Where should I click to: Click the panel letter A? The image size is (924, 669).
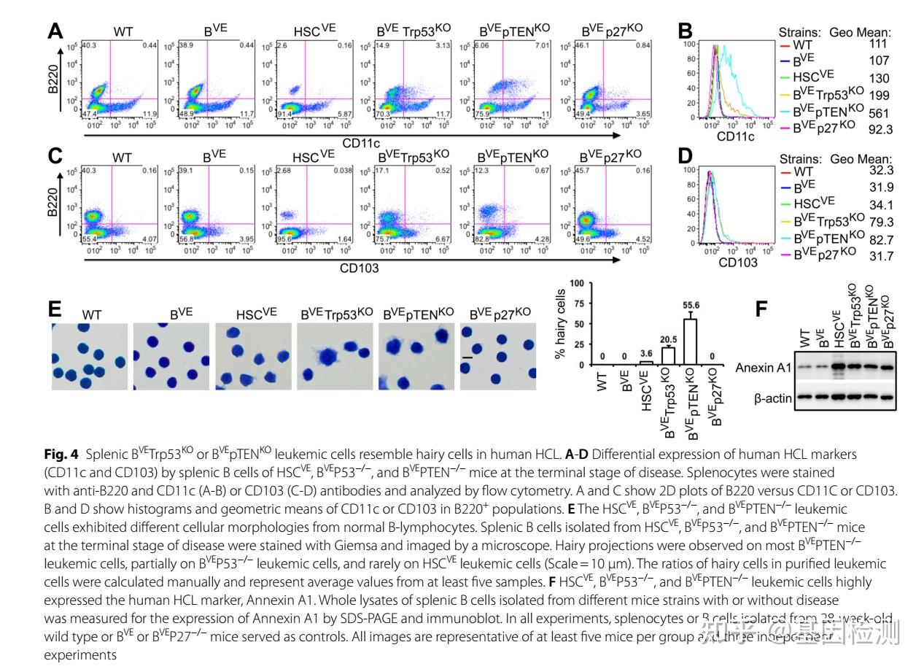pyautogui.click(x=55, y=32)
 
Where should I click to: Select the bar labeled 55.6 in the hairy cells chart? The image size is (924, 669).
pyautogui.click(x=689, y=341)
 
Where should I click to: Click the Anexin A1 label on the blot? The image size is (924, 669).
pyautogui.click(x=763, y=368)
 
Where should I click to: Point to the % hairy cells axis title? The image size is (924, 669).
pyautogui.click(x=559, y=323)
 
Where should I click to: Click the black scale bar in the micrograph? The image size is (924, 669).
pyautogui.click(x=467, y=357)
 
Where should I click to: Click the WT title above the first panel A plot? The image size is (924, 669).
pyautogui.click(x=123, y=31)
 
